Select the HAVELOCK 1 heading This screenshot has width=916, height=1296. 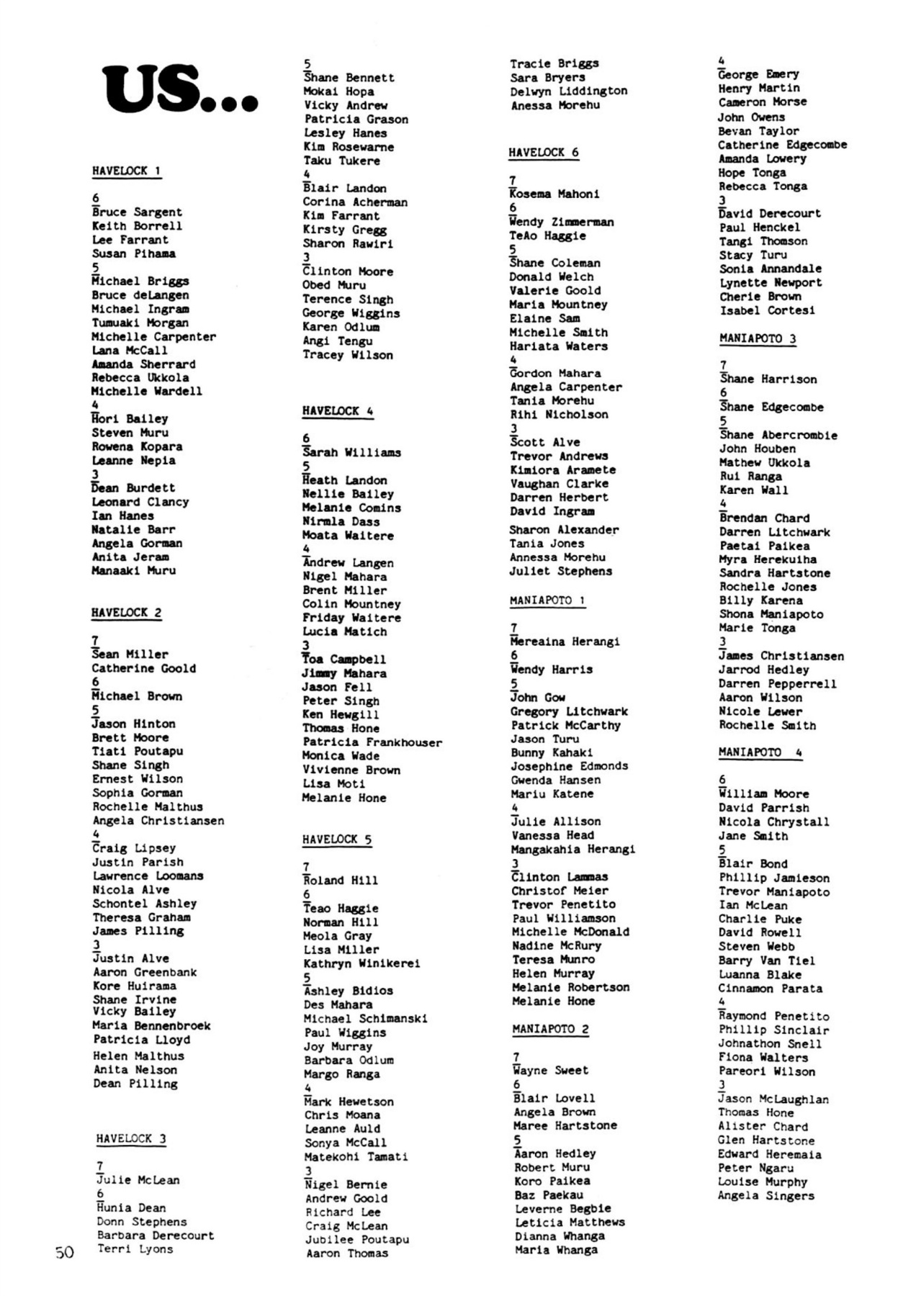(126, 171)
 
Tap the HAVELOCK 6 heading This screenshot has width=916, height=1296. (543, 153)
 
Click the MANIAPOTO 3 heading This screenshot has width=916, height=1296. (758, 338)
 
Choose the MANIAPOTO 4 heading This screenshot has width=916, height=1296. (760, 752)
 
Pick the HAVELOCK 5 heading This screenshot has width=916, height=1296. (337, 840)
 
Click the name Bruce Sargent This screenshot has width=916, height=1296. (137, 212)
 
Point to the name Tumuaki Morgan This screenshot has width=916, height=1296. (140, 323)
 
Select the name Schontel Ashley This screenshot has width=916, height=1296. (144, 904)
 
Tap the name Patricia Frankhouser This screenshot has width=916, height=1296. (372, 742)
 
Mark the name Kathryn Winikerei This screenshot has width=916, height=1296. (362, 963)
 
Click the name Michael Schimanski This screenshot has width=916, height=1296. (365, 1019)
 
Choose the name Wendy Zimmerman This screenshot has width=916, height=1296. (562, 222)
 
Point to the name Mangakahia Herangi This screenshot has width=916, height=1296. (573, 850)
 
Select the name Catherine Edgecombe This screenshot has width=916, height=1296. (782, 145)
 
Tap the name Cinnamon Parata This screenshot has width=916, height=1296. (770, 989)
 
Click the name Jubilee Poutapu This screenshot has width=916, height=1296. (357, 1240)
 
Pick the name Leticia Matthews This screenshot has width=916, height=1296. (570, 1223)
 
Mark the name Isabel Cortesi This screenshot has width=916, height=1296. (767, 310)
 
